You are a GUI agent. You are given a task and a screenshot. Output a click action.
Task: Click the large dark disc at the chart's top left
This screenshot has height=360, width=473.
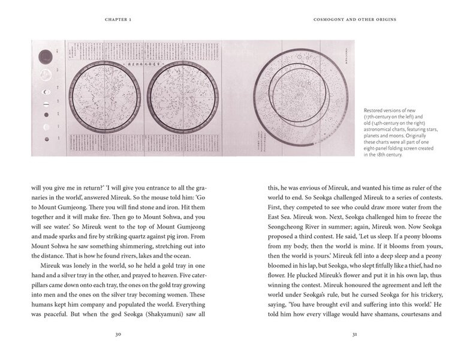pos(44,58)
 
